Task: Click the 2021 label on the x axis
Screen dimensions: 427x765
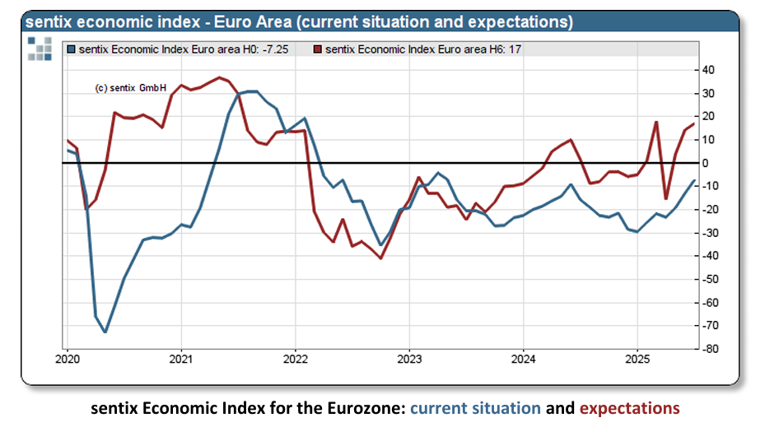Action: [x=180, y=359]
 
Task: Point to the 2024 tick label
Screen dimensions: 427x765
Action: [x=524, y=359]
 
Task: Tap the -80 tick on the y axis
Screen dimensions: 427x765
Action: [x=711, y=349]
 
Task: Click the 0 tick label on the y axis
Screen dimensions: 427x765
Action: [x=707, y=163]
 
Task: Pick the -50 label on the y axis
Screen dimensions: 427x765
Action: [x=711, y=279]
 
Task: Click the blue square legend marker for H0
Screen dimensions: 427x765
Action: [x=72, y=49]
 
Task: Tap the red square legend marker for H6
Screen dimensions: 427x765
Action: [x=319, y=49]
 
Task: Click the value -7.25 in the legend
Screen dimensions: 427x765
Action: [x=272, y=49]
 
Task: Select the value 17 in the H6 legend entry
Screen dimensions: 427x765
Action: [x=515, y=49]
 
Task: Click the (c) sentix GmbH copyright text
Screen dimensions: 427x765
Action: [x=131, y=87]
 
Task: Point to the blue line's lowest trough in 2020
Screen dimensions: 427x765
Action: [x=105, y=332]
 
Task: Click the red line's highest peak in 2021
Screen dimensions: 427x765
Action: [x=219, y=77]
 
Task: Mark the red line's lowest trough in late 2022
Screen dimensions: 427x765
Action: [x=380, y=258]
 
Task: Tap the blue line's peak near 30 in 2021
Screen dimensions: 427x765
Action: [x=250, y=91]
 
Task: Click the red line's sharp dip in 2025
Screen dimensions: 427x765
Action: [x=666, y=198]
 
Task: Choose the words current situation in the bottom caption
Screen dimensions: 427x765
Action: [x=475, y=407]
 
